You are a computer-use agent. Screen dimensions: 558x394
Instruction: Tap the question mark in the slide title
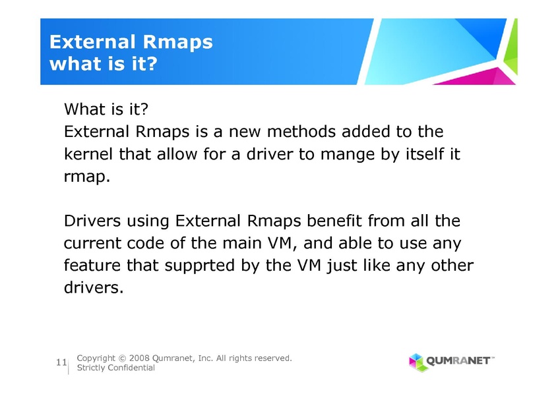point(152,64)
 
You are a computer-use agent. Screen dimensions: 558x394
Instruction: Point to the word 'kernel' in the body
point(88,154)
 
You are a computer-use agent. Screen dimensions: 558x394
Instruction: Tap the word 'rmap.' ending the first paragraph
point(87,177)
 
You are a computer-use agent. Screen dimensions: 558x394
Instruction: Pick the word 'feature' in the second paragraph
point(92,266)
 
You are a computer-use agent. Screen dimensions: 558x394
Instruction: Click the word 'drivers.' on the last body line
point(94,287)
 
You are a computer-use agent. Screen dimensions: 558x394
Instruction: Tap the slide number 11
point(61,362)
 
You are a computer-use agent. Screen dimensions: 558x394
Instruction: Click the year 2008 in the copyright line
point(139,358)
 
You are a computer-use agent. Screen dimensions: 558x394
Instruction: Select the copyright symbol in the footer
point(122,358)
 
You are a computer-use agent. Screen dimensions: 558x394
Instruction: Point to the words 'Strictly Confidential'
point(115,368)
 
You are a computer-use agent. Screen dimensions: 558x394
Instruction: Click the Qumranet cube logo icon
point(417,362)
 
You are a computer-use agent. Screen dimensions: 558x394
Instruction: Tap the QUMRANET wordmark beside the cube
point(458,361)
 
